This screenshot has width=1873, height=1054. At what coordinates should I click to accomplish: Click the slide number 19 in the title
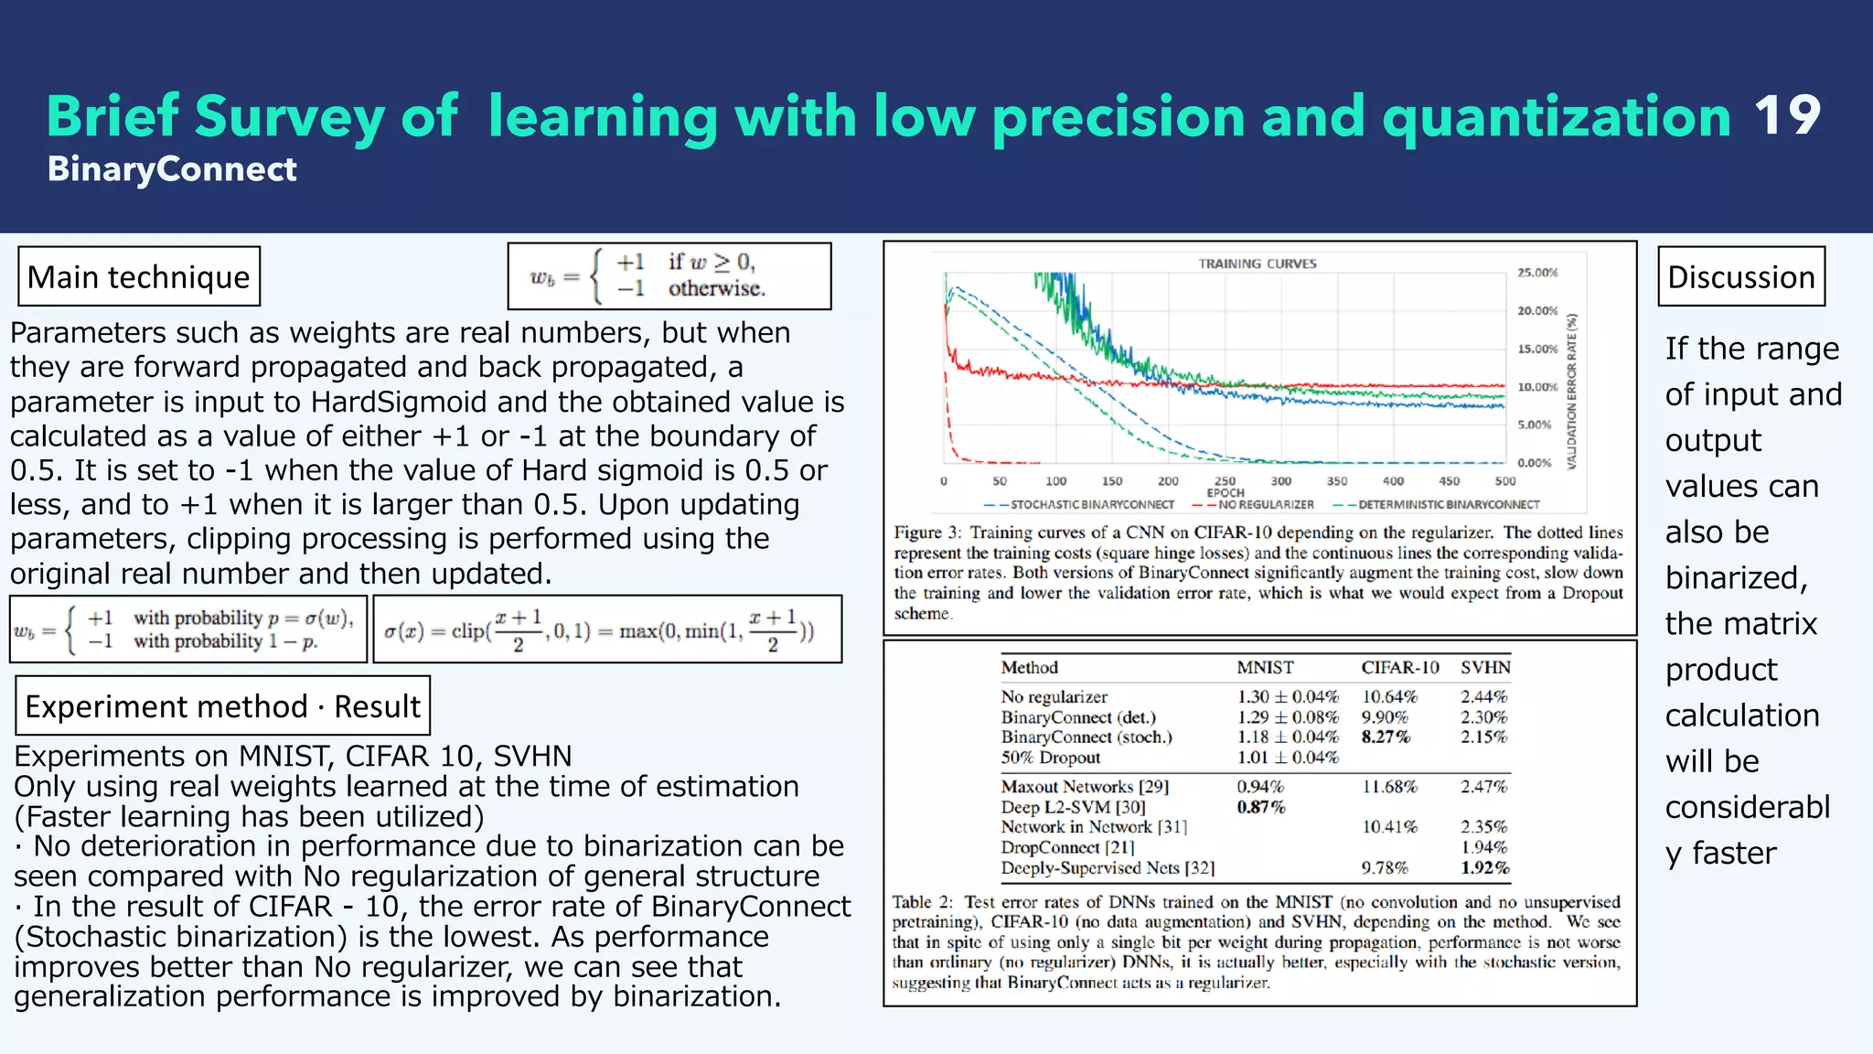tap(1787, 116)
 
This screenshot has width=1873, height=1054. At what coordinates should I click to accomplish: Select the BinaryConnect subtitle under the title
tap(172, 169)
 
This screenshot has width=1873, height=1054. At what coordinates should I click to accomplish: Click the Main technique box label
tap(139, 277)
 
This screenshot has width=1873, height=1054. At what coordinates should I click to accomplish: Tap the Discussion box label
tap(1741, 277)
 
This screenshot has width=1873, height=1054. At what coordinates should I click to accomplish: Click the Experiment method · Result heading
tap(222, 706)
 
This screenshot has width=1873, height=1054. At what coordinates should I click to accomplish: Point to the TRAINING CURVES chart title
tap(1258, 263)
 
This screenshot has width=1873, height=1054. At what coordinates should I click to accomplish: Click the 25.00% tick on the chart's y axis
tap(1537, 273)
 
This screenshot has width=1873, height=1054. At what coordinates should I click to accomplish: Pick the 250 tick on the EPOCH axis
tap(1225, 481)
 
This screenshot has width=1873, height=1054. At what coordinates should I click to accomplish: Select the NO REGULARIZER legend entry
tap(1265, 504)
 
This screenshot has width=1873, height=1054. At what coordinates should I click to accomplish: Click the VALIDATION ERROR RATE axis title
tap(1572, 392)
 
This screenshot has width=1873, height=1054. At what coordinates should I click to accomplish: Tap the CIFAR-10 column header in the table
tap(1399, 668)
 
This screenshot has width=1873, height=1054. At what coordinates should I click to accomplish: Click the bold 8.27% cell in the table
tap(1386, 737)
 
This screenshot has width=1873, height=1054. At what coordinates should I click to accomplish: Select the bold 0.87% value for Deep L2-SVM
tap(1260, 807)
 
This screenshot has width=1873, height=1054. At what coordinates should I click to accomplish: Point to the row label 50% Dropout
tap(1050, 758)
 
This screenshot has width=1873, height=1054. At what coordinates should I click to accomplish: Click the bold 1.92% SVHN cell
tap(1484, 867)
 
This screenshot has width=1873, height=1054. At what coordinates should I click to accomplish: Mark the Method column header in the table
tap(1029, 668)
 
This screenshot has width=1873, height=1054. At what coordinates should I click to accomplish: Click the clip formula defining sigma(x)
tap(599, 630)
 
